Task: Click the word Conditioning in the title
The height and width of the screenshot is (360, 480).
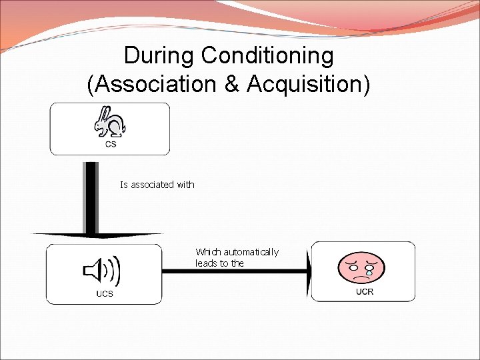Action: pos(267,57)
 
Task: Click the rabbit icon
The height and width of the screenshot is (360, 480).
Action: pos(110,122)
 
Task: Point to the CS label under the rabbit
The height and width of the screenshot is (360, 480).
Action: pos(111,144)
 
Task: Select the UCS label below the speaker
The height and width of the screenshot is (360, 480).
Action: pos(105,293)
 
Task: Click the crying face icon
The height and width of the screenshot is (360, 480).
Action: pos(363,265)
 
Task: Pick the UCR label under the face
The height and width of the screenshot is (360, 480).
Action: pos(365,291)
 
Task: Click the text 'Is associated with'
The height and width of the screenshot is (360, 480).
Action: pos(157,185)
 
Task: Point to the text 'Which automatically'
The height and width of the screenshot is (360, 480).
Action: pos(237,252)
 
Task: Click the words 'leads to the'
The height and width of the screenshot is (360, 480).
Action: pos(220,263)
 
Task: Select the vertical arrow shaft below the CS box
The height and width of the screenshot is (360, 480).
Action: pos(91,197)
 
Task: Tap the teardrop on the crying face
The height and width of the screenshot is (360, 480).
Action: pos(369,273)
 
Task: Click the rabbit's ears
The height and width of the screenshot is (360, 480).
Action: pos(104,113)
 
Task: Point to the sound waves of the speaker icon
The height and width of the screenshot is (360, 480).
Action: pos(115,270)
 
